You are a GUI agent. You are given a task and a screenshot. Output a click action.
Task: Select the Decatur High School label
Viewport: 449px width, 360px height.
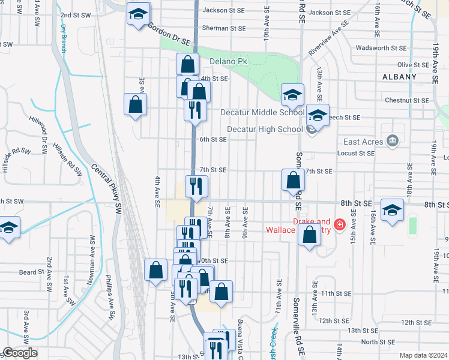pyautogui.click(x=265, y=129)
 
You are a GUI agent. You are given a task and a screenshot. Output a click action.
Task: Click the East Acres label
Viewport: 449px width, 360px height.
pyautogui.click(x=364, y=142)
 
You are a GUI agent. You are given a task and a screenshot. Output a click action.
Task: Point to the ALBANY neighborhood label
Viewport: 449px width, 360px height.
pyautogui.click(x=399, y=77)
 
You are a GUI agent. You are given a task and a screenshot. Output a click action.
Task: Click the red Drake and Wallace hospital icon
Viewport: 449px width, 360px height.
pyautogui.click(x=339, y=225)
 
